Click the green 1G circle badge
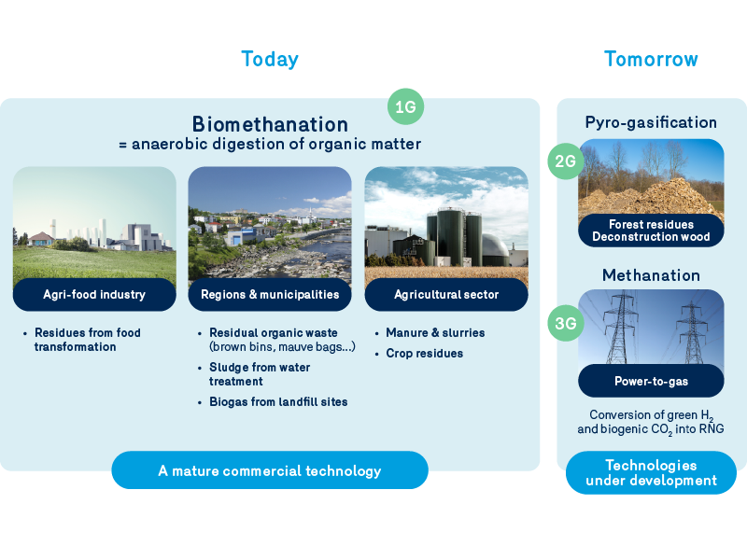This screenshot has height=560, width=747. click(405, 107)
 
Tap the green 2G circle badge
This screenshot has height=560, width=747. click(566, 161)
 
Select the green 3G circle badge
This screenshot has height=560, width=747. click(566, 325)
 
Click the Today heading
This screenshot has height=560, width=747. click(270, 59)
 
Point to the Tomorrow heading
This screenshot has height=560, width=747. click(651, 59)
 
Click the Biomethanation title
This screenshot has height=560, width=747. click(270, 124)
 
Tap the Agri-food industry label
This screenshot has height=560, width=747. click(94, 295)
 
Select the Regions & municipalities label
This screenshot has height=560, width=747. click(270, 295)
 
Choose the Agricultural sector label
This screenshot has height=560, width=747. click(445, 295)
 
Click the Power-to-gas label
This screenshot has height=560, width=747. click(651, 381)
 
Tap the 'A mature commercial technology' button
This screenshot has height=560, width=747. click(270, 470)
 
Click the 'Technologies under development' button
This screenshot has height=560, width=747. click(651, 472)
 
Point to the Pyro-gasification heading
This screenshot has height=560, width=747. click(651, 122)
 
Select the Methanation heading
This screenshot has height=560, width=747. click(651, 275)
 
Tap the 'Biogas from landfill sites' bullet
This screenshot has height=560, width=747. click(278, 401)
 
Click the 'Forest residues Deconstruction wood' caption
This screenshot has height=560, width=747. click(651, 231)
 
